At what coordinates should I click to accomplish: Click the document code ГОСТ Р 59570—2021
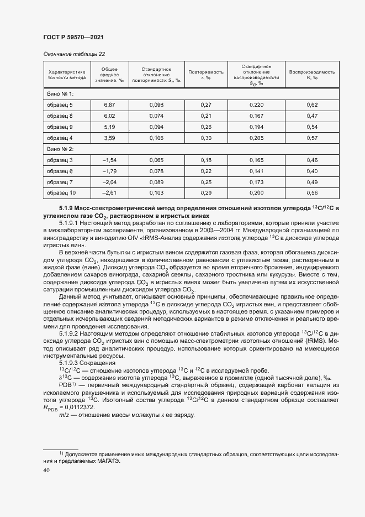(x=73, y=37)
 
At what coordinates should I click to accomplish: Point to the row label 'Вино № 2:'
(x=60, y=149)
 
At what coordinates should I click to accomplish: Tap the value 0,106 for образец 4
(x=157, y=138)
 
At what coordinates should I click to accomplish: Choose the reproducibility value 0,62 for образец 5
(x=312, y=105)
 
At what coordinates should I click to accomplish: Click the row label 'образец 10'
(x=61, y=192)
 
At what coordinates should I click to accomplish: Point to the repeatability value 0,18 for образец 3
(x=206, y=160)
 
